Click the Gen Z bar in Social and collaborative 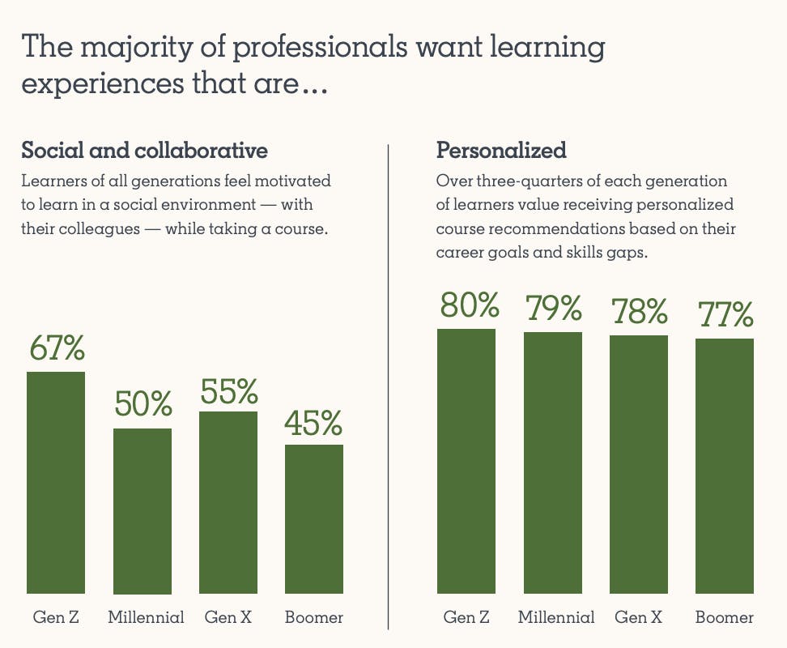[x=56, y=483]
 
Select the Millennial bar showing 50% [x=143, y=511]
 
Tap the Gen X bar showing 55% [x=228, y=502]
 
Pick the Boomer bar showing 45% [x=314, y=519]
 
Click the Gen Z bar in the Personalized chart [x=466, y=461]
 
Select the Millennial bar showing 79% [x=553, y=463]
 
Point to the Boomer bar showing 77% [x=725, y=466]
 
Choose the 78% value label [x=640, y=311]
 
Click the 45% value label [x=314, y=423]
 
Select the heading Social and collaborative [x=144, y=151]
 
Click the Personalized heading [x=501, y=151]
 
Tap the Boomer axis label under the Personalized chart [x=725, y=617]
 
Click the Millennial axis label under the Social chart [x=146, y=617]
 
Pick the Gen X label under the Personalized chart [x=639, y=617]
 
